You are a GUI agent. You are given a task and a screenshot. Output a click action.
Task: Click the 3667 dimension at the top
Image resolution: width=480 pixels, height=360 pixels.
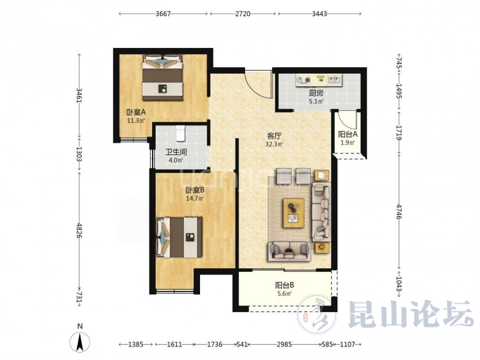point(163,14)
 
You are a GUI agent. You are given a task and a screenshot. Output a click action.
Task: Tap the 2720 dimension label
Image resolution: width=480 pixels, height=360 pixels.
point(242,14)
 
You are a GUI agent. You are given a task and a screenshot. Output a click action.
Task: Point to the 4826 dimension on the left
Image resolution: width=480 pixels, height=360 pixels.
point(79,231)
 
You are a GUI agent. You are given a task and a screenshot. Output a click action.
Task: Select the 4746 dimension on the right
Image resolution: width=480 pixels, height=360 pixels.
point(398,212)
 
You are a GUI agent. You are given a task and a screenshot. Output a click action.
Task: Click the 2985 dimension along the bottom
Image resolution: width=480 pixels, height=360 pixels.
point(284,345)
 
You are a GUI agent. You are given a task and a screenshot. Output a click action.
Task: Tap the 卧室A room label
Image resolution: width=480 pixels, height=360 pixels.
point(136,112)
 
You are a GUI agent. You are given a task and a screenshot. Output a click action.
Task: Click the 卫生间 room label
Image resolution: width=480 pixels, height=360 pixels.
point(176,152)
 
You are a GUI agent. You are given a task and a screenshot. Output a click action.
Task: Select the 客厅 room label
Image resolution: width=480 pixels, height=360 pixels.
point(274,135)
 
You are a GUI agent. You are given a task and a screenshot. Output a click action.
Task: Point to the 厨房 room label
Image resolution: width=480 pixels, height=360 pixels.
point(316,93)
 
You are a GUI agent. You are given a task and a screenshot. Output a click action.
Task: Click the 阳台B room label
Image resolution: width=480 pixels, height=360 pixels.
point(284,286)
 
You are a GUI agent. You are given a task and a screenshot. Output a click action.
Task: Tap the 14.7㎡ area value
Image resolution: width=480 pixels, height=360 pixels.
point(194,198)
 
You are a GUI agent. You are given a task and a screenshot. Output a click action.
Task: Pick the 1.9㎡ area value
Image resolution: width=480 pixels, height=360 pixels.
point(348,142)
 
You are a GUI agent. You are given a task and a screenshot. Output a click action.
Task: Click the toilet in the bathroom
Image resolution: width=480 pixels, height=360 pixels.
point(180,134)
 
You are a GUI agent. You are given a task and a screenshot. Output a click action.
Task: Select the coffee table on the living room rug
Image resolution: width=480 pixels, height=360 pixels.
point(294,213)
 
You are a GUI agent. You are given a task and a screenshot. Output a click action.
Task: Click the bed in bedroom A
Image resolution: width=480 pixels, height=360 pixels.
point(162,78)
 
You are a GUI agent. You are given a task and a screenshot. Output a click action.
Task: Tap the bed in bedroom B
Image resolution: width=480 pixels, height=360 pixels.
point(179,238)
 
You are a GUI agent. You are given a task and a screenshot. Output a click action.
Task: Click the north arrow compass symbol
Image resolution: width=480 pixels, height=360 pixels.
point(80,342)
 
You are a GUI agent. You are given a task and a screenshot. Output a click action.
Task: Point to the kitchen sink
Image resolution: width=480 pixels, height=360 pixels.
point(335,80)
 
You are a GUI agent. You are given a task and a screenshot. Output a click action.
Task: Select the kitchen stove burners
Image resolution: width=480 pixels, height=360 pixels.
point(303,80)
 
